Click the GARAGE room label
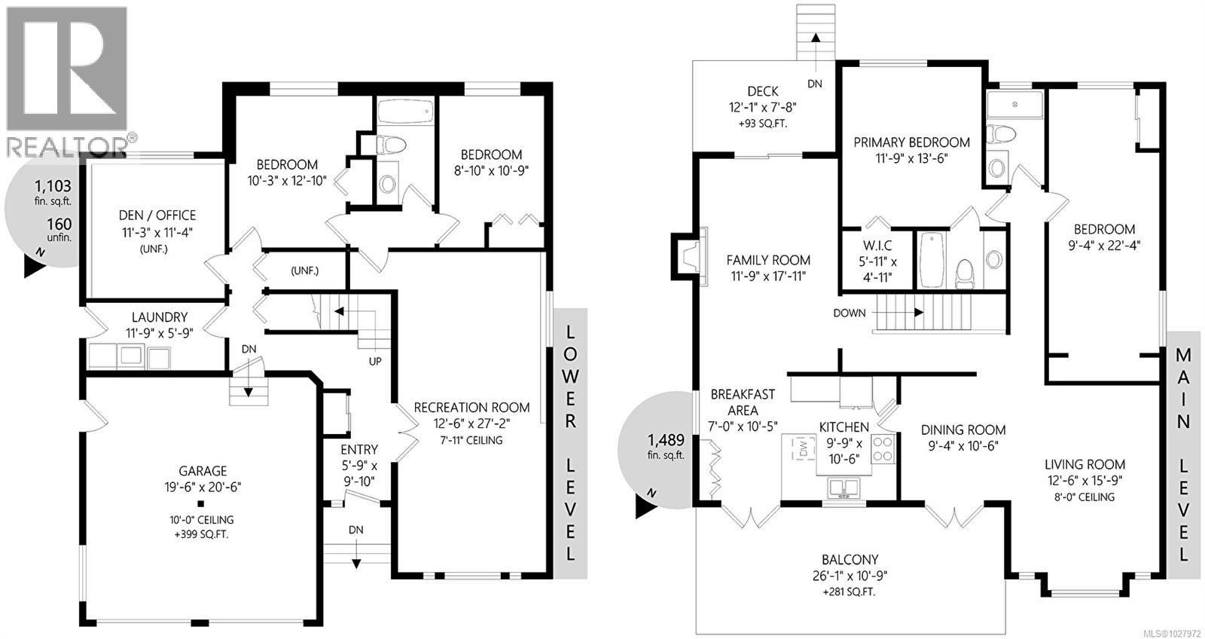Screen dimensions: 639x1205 point(203,471)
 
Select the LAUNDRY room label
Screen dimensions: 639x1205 point(160,317)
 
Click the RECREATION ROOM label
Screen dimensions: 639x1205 point(471,408)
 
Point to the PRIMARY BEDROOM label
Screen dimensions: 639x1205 point(911,142)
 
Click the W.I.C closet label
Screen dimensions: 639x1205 point(877,246)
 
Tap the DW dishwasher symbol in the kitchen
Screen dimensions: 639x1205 point(803,450)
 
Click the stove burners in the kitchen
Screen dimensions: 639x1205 point(883,450)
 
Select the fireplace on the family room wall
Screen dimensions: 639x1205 point(689,257)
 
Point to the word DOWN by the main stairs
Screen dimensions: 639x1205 point(850,313)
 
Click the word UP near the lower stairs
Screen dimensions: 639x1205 point(375,361)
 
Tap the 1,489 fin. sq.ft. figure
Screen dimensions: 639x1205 point(664,438)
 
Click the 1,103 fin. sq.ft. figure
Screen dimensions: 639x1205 point(53,185)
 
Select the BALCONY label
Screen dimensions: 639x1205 point(850,560)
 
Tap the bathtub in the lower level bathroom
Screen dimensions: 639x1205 point(404,114)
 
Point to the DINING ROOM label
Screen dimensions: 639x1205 point(963,430)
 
